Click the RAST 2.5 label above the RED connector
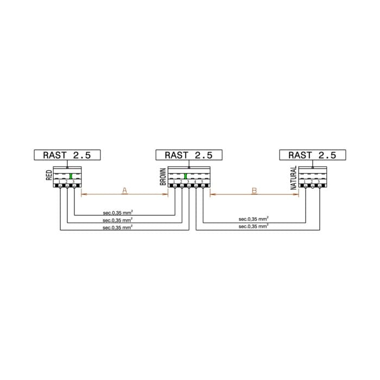click(67, 155)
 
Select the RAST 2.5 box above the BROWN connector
click(188, 155)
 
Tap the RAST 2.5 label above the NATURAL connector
click(312, 155)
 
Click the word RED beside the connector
click(49, 175)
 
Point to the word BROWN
click(163, 176)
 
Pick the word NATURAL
click(294, 178)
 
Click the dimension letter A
click(124, 190)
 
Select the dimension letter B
click(254, 190)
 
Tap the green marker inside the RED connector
click(71, 176)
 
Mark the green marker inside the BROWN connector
click(186, 176)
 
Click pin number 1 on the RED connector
click(60, 181)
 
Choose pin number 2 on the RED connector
click(67, 181)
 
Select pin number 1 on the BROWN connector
click(175, 181)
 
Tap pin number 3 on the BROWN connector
click(188, 181)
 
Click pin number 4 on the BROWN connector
click(195, 181)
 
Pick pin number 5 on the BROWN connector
click(202, 181)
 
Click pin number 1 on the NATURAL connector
click(305, 181)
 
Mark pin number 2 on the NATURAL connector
click(312, 181)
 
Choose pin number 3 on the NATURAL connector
click(319, 181)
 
